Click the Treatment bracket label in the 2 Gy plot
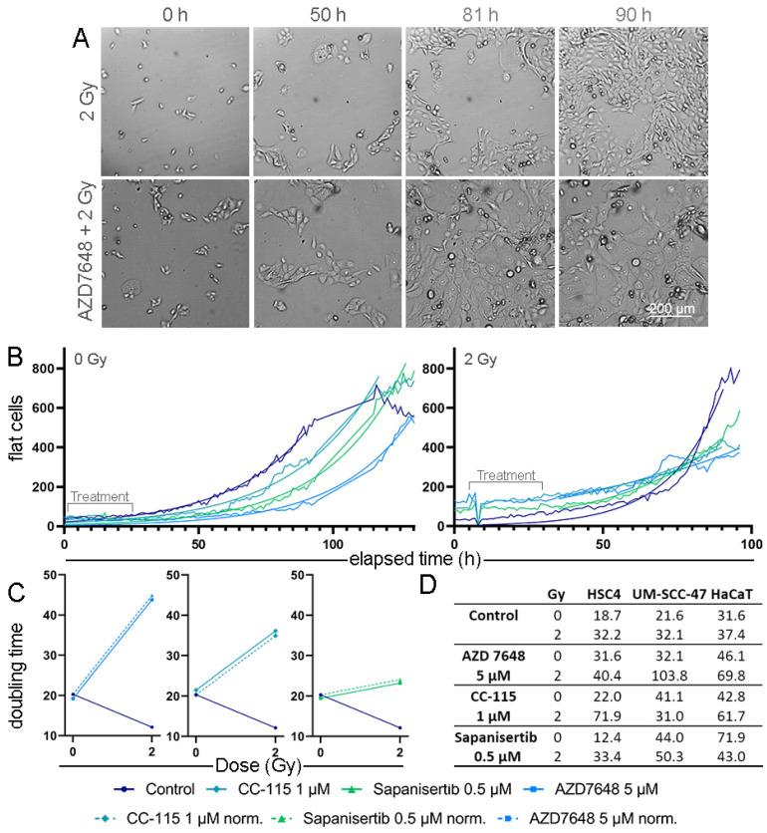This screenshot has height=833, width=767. (505, 475)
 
